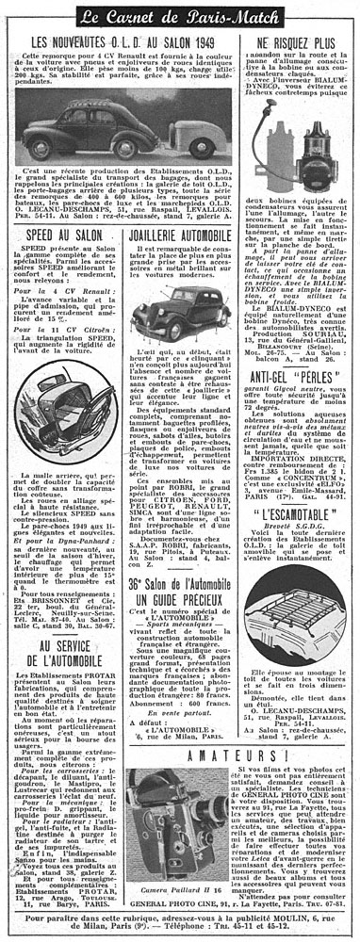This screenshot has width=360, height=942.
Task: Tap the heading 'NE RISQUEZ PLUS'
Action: click(298, 44)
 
